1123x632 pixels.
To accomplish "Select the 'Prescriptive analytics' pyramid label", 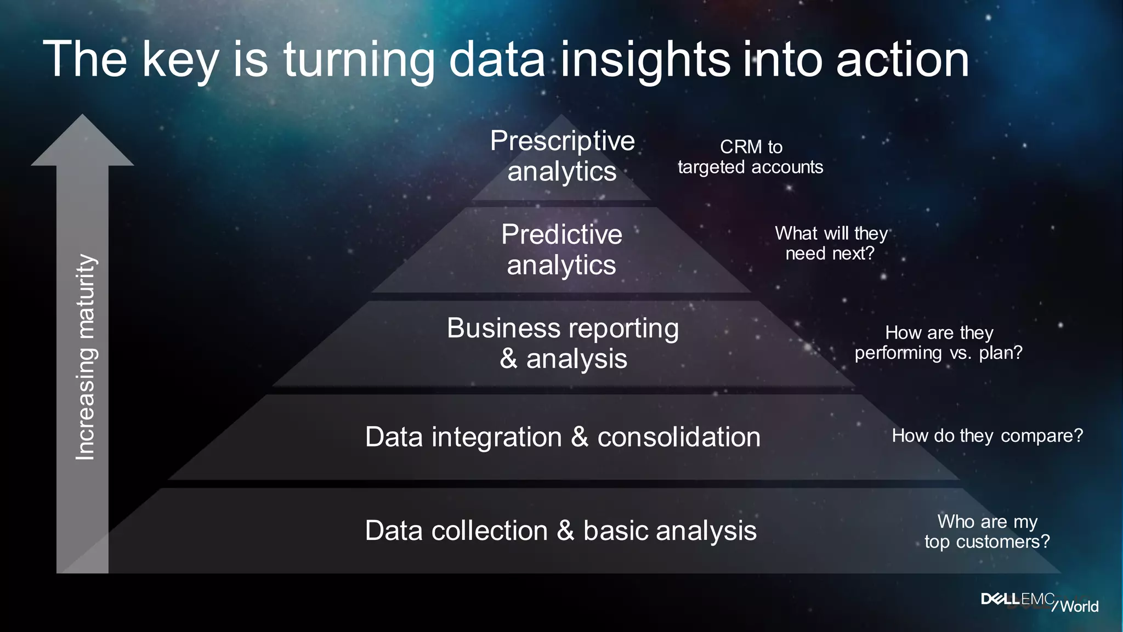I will [x=562, y=156].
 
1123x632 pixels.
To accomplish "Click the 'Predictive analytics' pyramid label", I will [x=561, y=250].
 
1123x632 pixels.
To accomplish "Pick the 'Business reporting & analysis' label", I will [x=563, y=343].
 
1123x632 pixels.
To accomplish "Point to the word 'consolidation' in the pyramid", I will [x=679, y=437].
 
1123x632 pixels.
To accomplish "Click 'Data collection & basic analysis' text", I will [x=560, y=531].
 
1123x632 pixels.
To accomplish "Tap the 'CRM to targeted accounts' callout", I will [x=750, y=157].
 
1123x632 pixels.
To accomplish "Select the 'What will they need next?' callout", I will [x=831, y=243].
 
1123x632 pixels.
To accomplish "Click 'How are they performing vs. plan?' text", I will [x=938, y=342].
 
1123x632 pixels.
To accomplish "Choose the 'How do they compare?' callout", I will [x=987, y=436].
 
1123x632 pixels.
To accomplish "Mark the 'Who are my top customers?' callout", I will [x=987, y=531].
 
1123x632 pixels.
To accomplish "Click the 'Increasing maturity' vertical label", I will [x=86, y=357].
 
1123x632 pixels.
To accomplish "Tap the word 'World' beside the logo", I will [x=1079, y=606].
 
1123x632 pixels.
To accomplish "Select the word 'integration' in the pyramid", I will [x=496, y=437].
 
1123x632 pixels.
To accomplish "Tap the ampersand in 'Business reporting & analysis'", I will [x=508, y=359].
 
